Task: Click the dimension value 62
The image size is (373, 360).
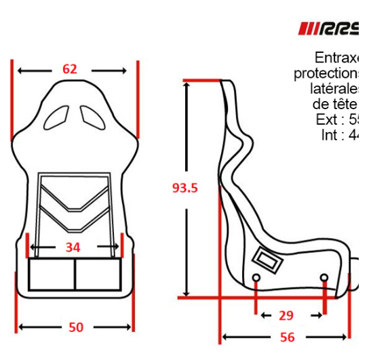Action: [x=70, y=69]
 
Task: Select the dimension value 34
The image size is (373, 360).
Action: [x=73, y=247]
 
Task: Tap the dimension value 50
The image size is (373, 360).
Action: [x=76, y=327]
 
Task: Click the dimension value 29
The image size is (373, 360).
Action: [x=286, y=315]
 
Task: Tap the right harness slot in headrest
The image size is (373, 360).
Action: [x=92, y=115]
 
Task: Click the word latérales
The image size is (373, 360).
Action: [x=335, y=89]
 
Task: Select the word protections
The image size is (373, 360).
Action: [x=327, y=73]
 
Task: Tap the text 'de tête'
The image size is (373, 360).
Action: [x=334, y=104]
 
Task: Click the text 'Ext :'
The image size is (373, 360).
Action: [x=332, y=120]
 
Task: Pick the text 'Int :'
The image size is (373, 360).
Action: [x=334, y=135]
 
